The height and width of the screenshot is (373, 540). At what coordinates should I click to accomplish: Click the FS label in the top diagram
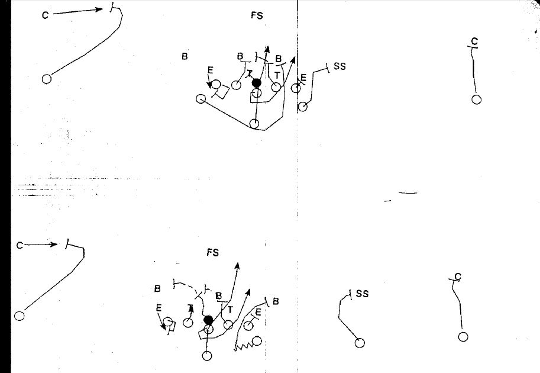257,16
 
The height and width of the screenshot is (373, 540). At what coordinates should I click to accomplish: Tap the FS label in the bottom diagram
213,253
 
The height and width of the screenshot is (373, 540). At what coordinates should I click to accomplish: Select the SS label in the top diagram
339,66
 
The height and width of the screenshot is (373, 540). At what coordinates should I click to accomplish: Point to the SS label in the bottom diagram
363,293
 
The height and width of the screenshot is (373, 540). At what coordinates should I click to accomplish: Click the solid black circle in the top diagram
257,83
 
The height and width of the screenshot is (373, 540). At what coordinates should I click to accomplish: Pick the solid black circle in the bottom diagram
208,320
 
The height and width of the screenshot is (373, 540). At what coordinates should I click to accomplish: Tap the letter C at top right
474,41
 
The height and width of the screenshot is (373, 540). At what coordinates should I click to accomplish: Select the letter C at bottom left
20,245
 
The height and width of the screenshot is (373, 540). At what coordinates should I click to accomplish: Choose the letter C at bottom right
458,276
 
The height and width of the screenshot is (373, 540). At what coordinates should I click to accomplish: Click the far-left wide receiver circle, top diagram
47,79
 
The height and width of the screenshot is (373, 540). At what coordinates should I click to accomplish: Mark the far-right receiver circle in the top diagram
476,99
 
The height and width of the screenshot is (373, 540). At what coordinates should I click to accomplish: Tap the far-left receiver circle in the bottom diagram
20,316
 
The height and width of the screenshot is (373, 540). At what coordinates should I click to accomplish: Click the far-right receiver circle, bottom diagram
463,336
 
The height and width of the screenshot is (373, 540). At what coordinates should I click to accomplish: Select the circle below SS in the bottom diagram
359,343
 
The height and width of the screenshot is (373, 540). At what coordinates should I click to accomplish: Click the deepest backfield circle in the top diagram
254,123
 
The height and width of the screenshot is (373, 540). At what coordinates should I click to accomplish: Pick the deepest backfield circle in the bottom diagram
207,356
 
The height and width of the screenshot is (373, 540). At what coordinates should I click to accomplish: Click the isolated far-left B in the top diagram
185,57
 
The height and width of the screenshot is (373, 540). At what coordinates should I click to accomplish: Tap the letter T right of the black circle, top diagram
276,75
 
